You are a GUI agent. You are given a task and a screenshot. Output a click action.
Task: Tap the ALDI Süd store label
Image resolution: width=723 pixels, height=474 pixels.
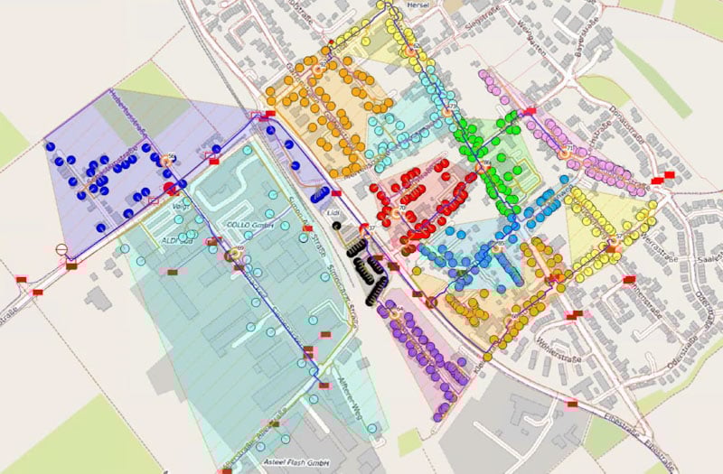pyautogui.click(x=177, y=241)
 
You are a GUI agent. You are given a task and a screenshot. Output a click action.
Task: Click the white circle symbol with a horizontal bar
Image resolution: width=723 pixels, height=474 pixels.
pyautogui.click(x=61, y=251)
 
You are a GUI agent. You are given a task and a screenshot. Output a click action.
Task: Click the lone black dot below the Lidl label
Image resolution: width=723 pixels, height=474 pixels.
pyautogui.click(x=338, y=225)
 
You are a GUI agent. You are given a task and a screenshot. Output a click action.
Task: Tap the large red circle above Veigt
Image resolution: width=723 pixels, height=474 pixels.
pyautogui.click(x=169, y=188)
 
